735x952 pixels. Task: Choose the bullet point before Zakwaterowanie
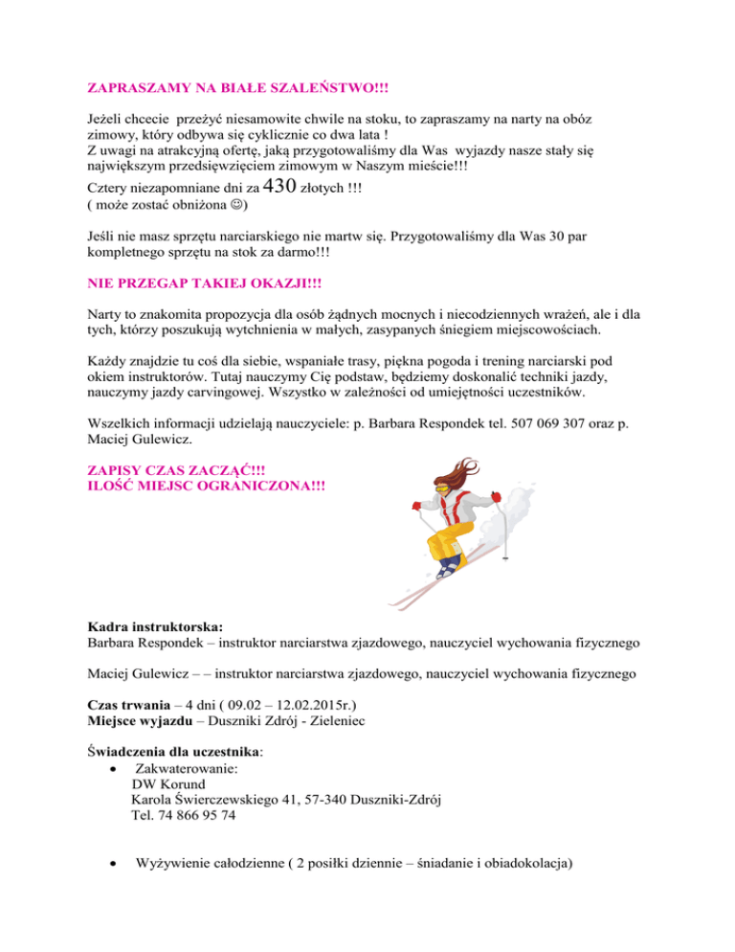(x=115, y=767)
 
